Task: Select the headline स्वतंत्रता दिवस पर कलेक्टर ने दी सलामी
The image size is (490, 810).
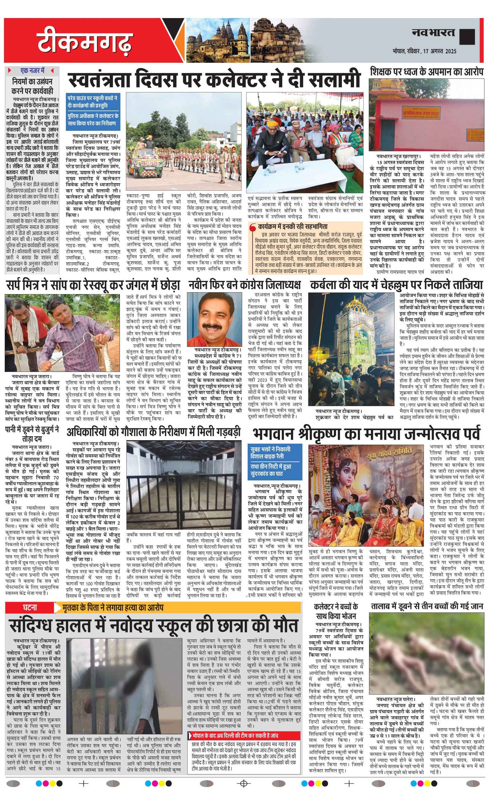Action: (214, 79)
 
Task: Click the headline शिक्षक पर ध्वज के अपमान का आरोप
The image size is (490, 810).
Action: (427, 72)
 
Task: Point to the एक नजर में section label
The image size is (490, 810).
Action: (32, 70)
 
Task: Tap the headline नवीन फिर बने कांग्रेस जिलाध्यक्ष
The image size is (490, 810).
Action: (244, 285)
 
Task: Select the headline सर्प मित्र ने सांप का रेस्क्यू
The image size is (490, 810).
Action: (93, 285)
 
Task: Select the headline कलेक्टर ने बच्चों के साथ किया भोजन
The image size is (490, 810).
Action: (336, 611)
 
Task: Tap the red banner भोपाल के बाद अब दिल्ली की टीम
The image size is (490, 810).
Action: (244, 735)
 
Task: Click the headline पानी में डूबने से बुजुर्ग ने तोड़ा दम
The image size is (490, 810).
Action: (32, 434)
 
